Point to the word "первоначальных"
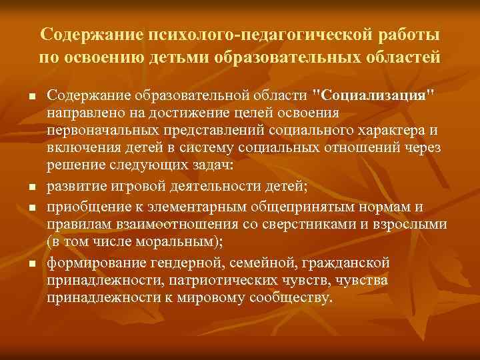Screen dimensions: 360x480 [x=101, y=129]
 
